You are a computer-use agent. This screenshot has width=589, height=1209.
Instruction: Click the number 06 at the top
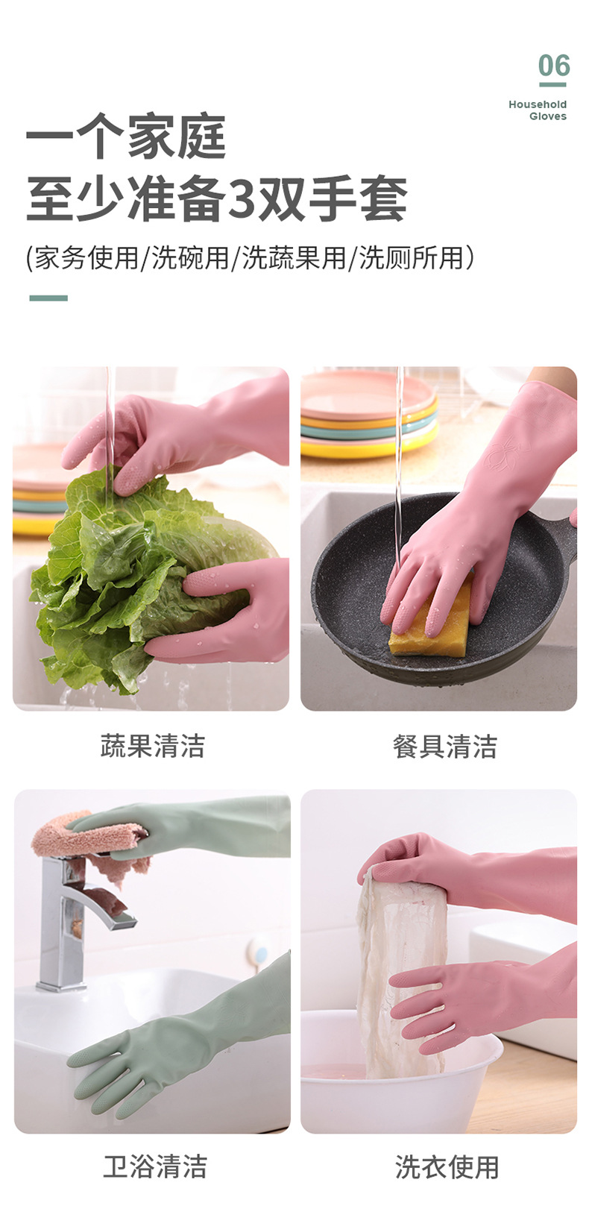(x=554, y=66)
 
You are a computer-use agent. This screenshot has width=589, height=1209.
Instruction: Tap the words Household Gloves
(x=538, y=110)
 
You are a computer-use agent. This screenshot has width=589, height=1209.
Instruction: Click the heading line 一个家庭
(x=126, y=136)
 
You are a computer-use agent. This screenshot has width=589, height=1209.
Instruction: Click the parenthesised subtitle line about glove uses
(x=250, y=258)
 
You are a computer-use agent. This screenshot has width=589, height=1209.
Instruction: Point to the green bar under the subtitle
(x=48, y=298)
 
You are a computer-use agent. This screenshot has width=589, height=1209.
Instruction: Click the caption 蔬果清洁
(x=152, y=745)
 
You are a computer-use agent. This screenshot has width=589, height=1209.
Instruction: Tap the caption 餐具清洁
(x=444, y=746)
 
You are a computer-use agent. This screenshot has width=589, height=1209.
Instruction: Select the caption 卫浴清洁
(x=154, y=1166)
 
